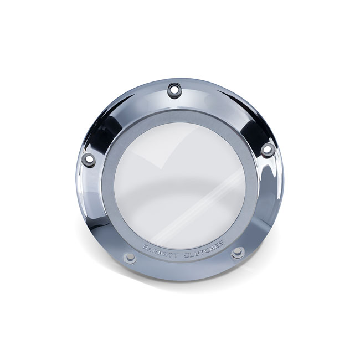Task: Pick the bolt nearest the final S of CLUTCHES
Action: click(238, 253)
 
